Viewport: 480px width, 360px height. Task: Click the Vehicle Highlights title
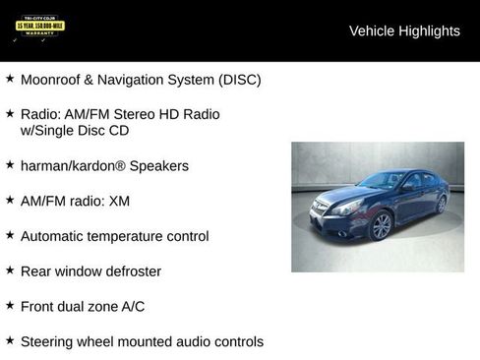[x=404, y=30]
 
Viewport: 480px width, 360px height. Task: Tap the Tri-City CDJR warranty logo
[x=39, y=28]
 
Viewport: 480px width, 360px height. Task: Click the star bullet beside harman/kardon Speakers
[x=10, y=165]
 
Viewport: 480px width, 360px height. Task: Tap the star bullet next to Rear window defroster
[x=10, y=270]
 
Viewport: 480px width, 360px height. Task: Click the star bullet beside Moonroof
[x=10, y=79]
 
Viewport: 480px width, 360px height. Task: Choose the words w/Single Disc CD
[x=75, y=130]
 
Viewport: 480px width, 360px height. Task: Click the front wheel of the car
[x=381, y=226]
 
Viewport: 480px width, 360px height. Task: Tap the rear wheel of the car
[x=442, y=204]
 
